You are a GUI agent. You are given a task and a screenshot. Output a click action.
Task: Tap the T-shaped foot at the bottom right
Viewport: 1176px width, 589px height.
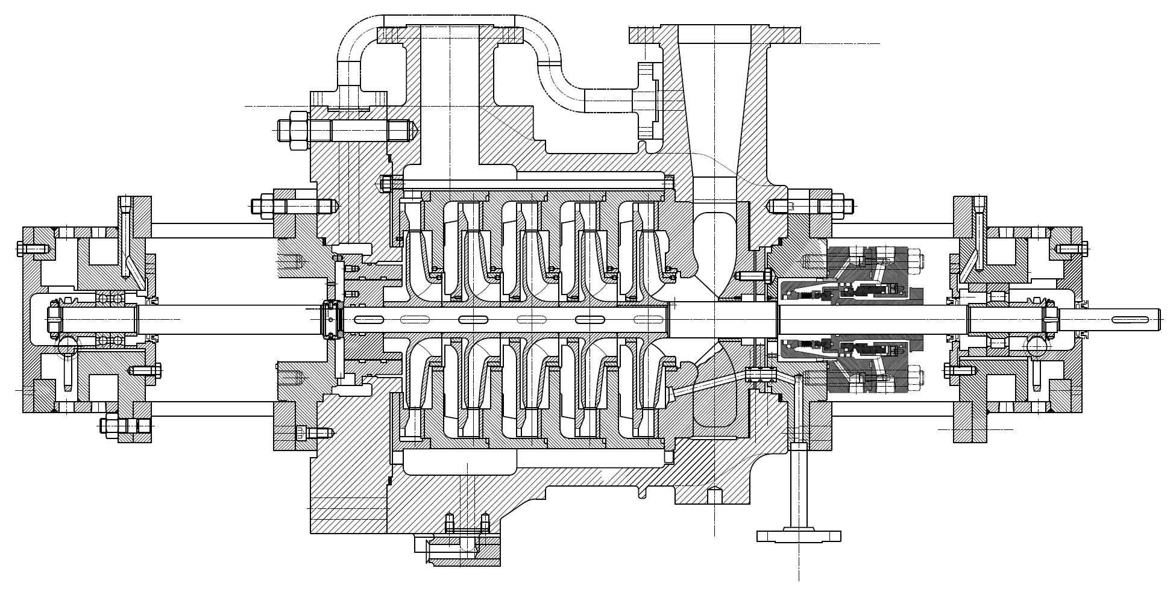(x=799, y=535)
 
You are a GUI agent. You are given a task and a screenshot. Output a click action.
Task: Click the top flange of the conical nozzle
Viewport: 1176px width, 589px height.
(x=715, y=34)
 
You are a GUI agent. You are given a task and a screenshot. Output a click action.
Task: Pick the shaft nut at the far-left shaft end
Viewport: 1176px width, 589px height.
(x=54, y=319)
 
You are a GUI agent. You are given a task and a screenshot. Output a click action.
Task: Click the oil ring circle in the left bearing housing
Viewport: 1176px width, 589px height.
(x=68, y=345)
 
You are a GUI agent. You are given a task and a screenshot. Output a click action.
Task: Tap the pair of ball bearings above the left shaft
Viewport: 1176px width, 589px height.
(x=110, y=299)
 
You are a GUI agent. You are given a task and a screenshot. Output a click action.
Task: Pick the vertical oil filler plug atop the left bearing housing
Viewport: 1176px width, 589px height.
(x=125, y=208)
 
